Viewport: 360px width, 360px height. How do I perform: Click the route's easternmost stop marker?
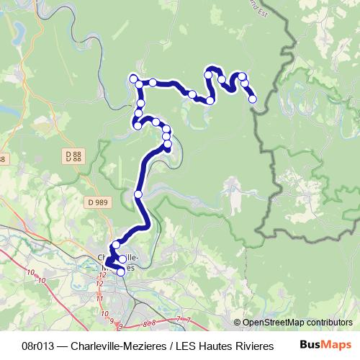pos(253,99)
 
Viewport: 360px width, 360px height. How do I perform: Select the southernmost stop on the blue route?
pos(121,271)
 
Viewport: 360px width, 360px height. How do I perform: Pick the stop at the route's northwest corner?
pos(133,78)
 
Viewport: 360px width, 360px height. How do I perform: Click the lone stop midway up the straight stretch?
pos(138,194)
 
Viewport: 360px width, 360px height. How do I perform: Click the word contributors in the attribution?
pos(328,323)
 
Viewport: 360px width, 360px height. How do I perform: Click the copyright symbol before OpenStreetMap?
pos(237,323)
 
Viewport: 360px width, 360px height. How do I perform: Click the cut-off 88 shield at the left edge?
pos(2,159)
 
